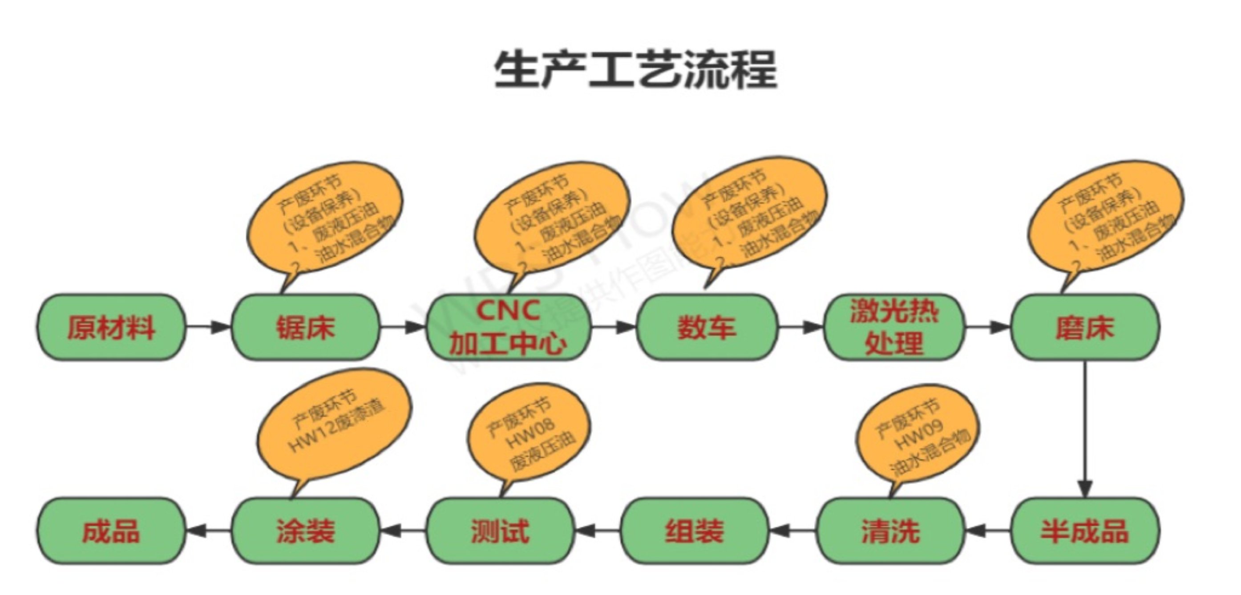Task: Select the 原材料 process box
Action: [111, 327]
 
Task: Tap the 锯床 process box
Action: [305, 327]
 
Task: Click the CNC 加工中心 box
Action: [508, 327]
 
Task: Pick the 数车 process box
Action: [707, 327]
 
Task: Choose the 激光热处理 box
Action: [894, 327]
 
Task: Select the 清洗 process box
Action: [890, 530]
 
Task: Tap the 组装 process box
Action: [694, 530]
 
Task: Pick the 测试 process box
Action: [500, 530]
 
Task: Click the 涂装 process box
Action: [305, 530]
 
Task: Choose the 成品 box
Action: [111, 530]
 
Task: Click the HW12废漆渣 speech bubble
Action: [335, 426]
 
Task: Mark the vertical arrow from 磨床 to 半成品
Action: [1085, 429]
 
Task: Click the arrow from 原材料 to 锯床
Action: [208, 327]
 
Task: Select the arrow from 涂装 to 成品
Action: [208, 530]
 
